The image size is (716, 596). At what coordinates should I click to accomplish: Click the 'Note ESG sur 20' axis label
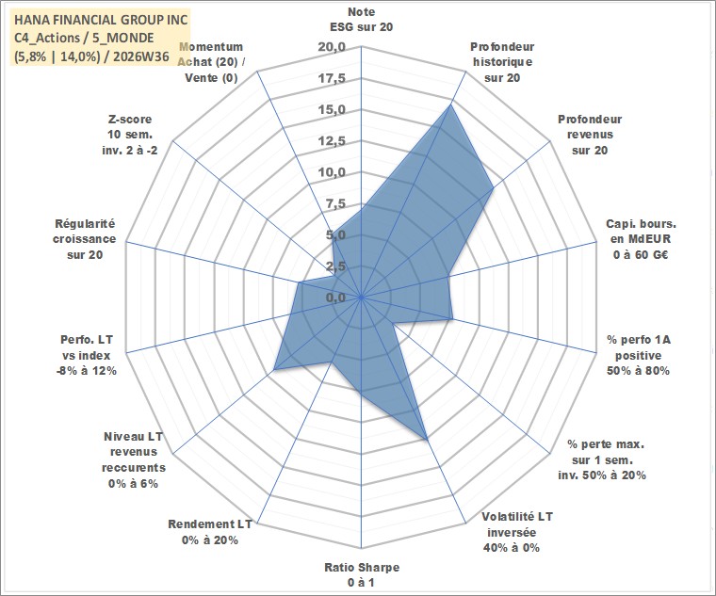[361, 20]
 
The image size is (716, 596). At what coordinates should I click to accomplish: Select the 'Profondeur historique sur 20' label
[502, 62]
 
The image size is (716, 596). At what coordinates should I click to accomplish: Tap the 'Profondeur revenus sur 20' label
[590, 135]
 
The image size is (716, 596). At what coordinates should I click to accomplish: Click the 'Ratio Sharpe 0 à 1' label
[362, 575]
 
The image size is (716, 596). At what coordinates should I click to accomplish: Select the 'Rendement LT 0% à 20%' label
[210, 532]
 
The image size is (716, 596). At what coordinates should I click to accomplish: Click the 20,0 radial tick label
[332, 47]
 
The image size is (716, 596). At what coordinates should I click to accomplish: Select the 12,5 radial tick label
[332, 141]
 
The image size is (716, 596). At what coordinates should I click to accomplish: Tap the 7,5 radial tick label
[335, 204]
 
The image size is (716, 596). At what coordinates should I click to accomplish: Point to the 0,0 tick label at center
[335, 298]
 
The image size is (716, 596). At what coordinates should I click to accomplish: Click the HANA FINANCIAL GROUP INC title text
[101, 20]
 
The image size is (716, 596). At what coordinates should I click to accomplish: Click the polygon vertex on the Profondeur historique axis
[449, 105]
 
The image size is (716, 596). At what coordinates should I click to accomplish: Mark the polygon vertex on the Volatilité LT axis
[427, 439]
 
